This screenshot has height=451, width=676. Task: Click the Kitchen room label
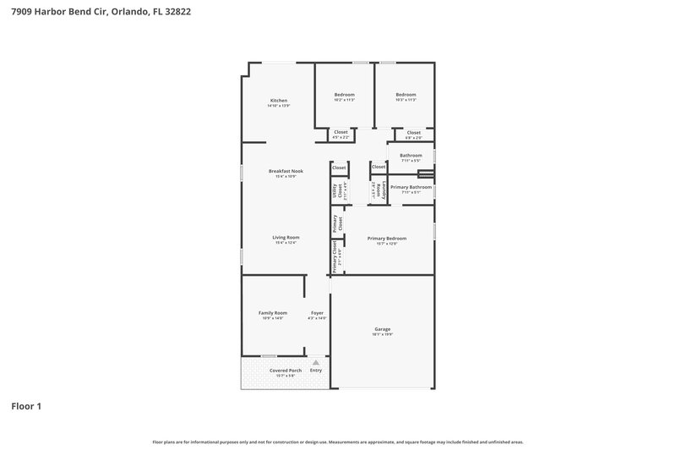click(279, 100)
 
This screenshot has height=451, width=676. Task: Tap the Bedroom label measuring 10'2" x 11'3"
click(344, 94)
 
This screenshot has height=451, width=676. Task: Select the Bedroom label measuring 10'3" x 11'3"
click(406, 94)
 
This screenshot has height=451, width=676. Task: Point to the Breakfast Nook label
click(286, 171)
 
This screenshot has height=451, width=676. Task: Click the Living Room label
click(286, 237)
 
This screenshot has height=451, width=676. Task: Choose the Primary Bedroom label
click(387, 238)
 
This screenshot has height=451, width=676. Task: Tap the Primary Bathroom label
click(411, 186)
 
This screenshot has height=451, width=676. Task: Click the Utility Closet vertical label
click(340, 191)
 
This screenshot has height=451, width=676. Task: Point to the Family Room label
click(272, 312)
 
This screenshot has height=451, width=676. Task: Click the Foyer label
click(317, 312)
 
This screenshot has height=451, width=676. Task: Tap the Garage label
click(383, 328)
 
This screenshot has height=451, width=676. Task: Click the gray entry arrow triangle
click(316, 361)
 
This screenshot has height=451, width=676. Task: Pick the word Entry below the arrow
click(316, 370)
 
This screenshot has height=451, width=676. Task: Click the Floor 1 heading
click(26, 406)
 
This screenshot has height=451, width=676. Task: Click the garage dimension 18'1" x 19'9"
click(383, 334)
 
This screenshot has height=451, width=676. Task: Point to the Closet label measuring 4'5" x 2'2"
click(341, 132)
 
